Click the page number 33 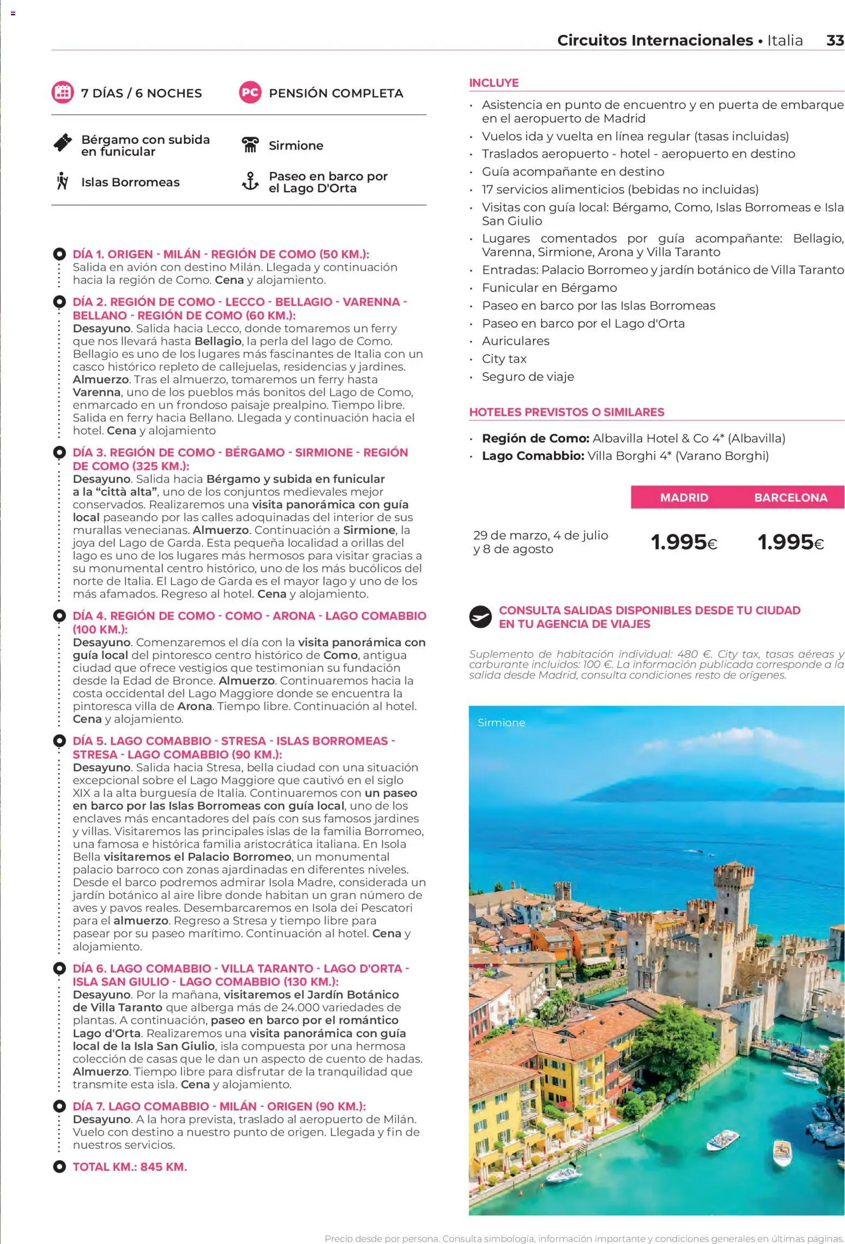coord(835,40)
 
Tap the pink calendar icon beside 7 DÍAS coord(62,93)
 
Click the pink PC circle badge coord(250,93)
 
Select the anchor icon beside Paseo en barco coord(250,182)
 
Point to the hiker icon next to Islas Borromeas coord(62,182)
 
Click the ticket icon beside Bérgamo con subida coord(63,143)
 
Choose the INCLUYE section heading coord(493,83)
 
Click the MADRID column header coord(684,497)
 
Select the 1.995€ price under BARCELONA coord(790,542)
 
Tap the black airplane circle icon coord(480,617)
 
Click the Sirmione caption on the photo coord(501,722)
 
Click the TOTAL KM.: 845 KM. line coord(130,1167)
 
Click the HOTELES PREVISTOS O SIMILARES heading coord(566,412)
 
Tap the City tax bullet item coord(504,359)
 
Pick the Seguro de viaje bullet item coord(527,377)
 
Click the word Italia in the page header coord(784,40)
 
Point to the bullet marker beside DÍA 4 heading coord(59,615)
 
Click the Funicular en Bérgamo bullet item coord(549,288)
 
